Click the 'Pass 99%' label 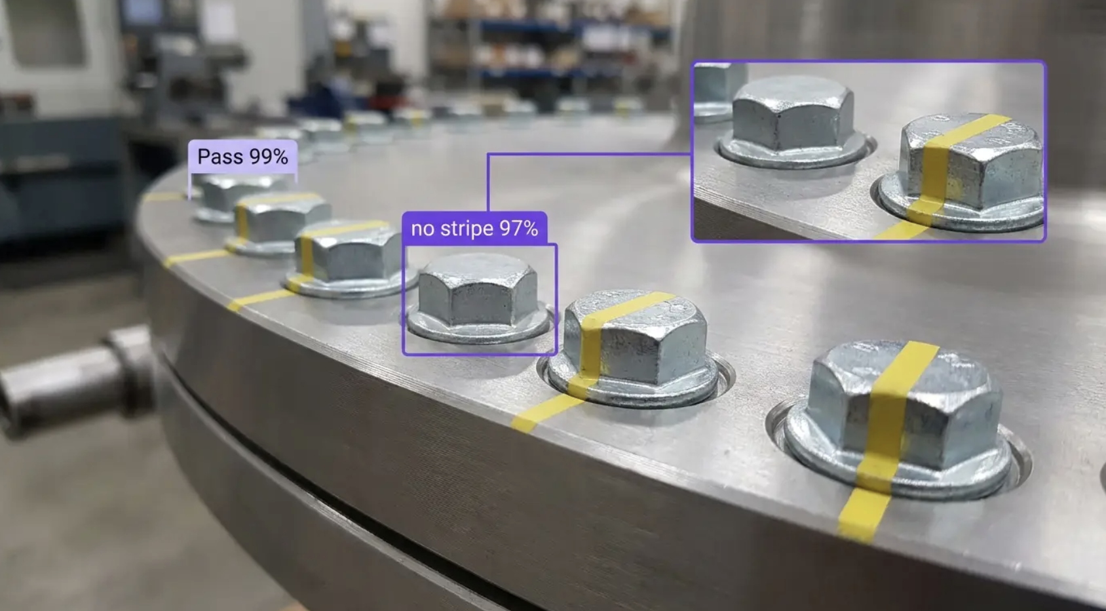coord(242,157)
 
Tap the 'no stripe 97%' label coord(474,228)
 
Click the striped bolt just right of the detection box coord(634,347)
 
